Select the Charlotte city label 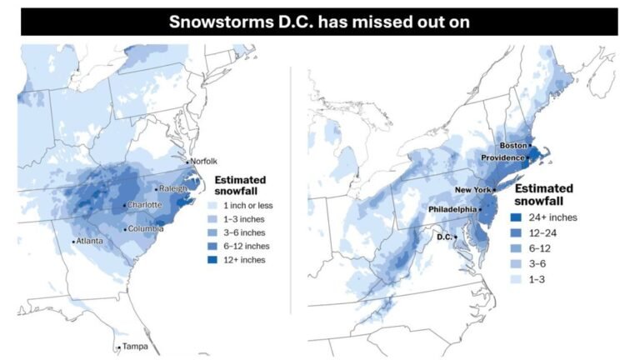pyautogui.click(x=144, y=205)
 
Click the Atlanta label pyautogui.click(x=91, y=242)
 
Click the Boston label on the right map pyautogui.click(x=512, y=145)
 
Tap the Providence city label pyautogui.click(x=502, y=157)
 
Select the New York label pyautogui.click(x=472, y=190)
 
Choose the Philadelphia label pyautogui.click(x=453, y=209)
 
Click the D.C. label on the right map pyautogui.click(x=444, y=237)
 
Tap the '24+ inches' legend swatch pyautogui.click(x=516, y=217)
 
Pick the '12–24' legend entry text pyautogui.click(x=544, y=232)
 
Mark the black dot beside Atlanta pyautogui.click(x=74, y=242)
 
